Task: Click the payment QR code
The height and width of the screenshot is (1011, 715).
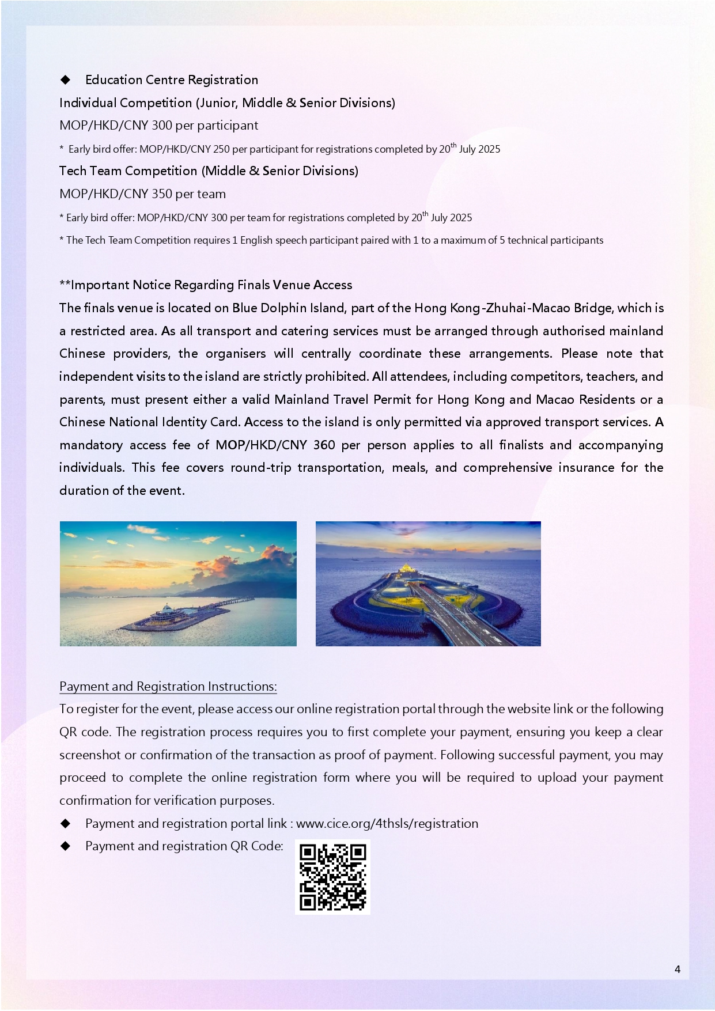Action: (332, 877)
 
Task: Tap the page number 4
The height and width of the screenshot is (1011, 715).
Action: (677, 969)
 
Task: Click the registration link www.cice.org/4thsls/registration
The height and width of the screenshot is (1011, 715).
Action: (387, 823)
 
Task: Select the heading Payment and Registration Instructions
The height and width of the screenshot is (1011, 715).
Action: (168, 686)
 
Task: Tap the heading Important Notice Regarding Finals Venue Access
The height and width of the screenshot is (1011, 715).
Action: (206, 285)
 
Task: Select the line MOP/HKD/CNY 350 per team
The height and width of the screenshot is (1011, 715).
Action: (142, 194)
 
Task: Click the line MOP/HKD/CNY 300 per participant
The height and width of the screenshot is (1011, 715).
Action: (158, 125)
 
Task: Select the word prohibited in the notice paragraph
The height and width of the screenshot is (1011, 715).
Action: (336, 376)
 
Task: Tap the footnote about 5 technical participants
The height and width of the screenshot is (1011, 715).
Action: (331, 240)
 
